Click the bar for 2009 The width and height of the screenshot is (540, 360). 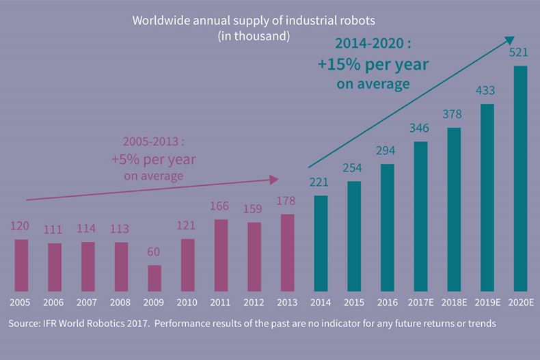click(x=154, y=278)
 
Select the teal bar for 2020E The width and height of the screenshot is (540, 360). click(x=520, y=178)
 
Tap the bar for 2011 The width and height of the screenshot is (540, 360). click(x=221, y=255)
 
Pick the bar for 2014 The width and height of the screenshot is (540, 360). click(x=321, y=243)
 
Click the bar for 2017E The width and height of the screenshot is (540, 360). click(x=420, y=216)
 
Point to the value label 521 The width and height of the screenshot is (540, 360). click(x=520, y=52)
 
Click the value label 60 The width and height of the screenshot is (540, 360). click(x=154, y=252)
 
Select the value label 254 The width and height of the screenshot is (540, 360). click(x=354, y=168)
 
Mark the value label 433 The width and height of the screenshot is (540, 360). click(x=487, y=90)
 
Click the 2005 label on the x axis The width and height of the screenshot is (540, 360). click(x=21, y=301)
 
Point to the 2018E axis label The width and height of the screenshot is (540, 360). click(x=453, y=301)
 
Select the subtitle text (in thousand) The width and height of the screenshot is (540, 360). click(x=254, y=36)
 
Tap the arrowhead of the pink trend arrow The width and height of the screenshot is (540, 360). click(x=275, y=180)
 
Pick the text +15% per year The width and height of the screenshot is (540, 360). click(x=373, y=65)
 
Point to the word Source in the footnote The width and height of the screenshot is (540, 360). click(x=25, y=323)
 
